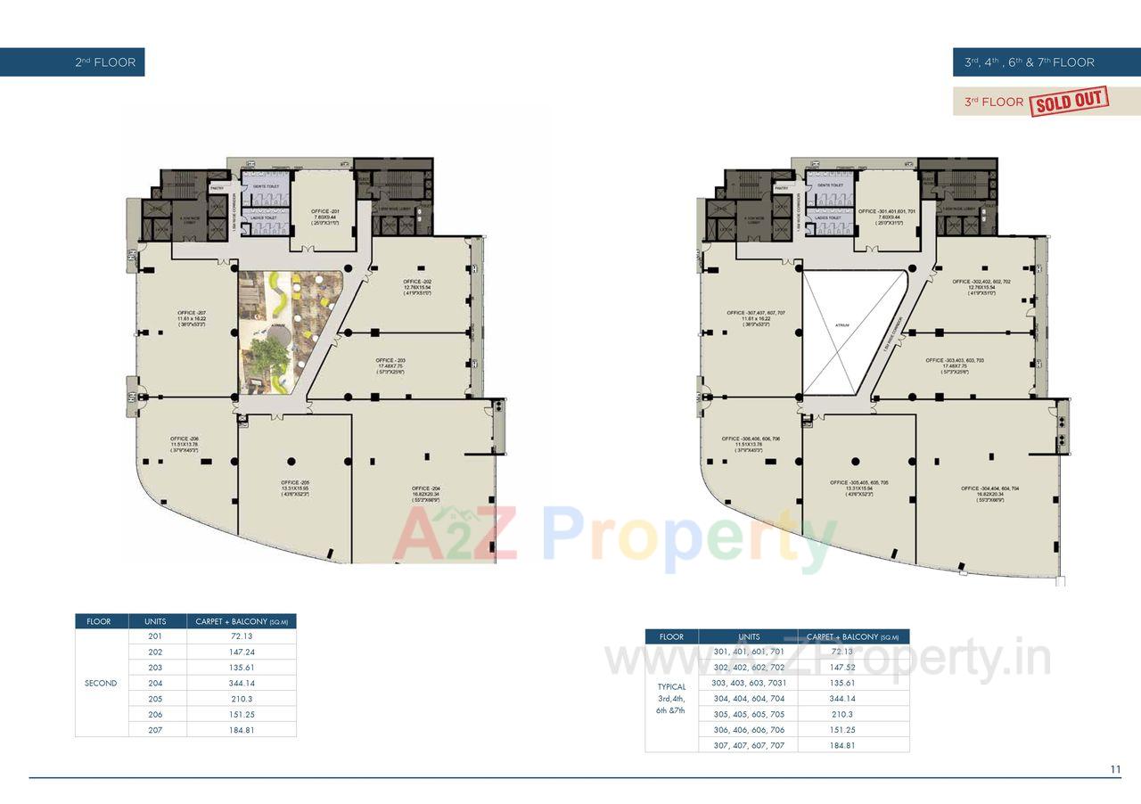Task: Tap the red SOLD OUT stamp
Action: tap(1069, 101)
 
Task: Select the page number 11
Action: tap(1115, 769)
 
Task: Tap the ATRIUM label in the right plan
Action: tap(842, 326)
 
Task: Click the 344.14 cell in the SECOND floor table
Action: tap(241, 683)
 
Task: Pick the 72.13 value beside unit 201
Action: tap(241, 636)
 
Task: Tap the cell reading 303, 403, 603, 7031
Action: tap(749, 683)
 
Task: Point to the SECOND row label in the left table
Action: tap(101, 684)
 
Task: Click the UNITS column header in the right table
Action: tap(749, 636)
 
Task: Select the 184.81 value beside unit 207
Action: tap(241, 730)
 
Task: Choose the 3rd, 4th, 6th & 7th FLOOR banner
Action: tap(1029, 62)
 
